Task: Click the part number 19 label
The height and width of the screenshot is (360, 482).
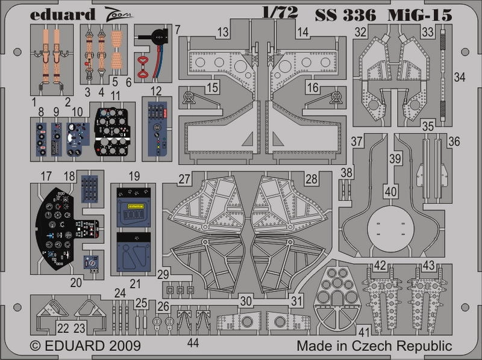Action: coord(134,176)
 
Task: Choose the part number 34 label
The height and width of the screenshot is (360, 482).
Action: coord(460,76)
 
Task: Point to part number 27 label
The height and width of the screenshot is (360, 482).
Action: coord(184,179)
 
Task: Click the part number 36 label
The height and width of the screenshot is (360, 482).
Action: coord(454,141)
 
